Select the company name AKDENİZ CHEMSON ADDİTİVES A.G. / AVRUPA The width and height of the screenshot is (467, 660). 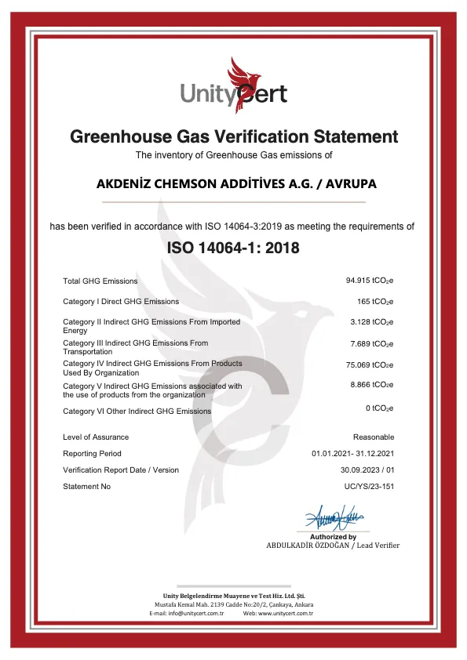click(236, 185)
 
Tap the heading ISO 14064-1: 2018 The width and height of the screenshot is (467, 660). click(233, 248)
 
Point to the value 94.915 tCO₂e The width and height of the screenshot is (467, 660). click(370, 281)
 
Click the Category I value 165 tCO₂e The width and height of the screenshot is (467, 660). click(375, 301)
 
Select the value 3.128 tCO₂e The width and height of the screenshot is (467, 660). click(372, 322)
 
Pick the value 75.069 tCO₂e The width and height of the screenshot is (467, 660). click(370, 364)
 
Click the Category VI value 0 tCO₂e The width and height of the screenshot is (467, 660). click(380, 408)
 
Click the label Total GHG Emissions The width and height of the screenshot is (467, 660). click(100, 281)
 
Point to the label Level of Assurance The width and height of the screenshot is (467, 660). click(96, 437)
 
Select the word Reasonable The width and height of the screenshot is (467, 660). click(374, 437)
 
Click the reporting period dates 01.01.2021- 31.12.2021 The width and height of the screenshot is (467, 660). click(352, 454)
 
